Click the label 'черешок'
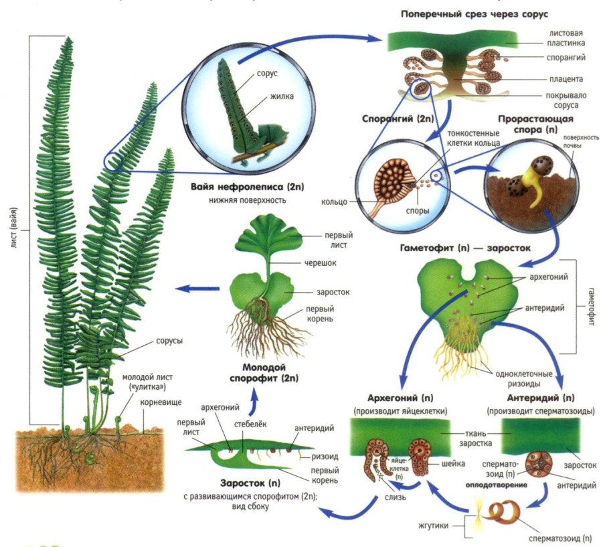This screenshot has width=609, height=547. pyautogui.click(x=321, y=263)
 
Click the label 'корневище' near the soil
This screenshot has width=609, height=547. pyautogui.click(x=157, y=403)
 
